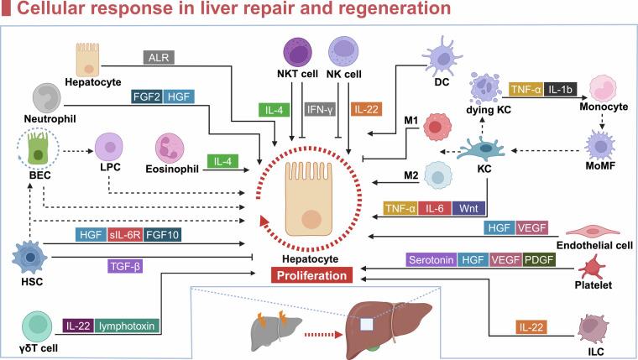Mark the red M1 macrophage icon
[437, 127]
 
